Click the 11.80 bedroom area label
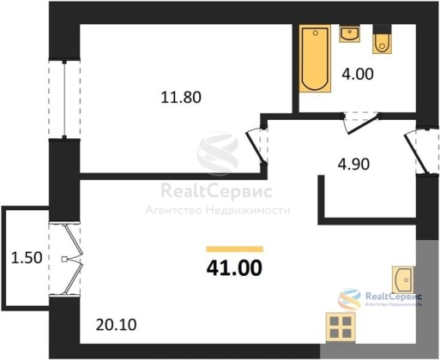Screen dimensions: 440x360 pos(181,97)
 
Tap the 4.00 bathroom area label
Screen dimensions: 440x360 pos(358,74)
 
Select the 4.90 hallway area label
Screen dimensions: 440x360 pos(353,165)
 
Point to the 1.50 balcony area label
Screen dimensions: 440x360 pos(27,257)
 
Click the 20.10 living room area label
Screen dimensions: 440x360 pos(116,325)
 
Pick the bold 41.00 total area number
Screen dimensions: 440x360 pos(234,268)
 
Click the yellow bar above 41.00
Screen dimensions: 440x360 pos(235,249)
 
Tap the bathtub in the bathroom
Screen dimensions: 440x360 pos(315,58)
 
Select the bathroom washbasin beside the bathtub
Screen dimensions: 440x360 pos(350,33)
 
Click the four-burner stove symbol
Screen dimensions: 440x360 pos(341,327)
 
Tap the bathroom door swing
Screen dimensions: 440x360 pos(362,123)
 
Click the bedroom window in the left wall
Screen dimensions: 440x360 pos(64,99)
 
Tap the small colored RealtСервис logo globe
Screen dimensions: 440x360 pos(349,299)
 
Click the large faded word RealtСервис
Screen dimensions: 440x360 pos(216,191)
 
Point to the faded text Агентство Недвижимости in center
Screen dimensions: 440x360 pos(218,211)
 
